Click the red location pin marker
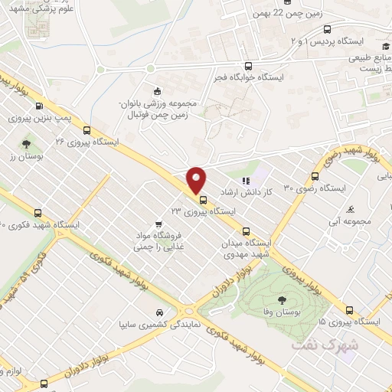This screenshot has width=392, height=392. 197,180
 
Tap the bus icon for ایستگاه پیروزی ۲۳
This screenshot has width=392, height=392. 203,201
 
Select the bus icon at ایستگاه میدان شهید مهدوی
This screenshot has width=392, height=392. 246,230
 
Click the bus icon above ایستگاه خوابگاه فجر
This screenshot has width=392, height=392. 247,66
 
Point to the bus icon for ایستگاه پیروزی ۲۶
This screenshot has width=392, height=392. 87,129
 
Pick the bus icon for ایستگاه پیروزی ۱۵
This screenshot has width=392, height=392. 349,310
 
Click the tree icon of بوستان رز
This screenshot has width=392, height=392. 27,143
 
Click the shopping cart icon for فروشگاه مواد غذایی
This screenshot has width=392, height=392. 158,224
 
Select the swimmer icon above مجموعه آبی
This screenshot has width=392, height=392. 351,208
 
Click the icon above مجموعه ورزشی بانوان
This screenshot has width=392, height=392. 158,91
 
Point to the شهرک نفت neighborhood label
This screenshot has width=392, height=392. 315,346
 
